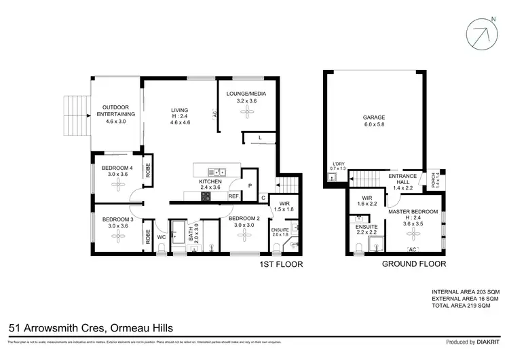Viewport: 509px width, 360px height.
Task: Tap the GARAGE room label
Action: point(373,117)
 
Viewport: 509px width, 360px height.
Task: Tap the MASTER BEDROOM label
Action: point(413,211)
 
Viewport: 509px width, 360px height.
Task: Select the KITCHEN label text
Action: point(210,182)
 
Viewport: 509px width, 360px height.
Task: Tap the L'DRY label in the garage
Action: point(337,164)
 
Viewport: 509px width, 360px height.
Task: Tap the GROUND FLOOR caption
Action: point(413,264)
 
